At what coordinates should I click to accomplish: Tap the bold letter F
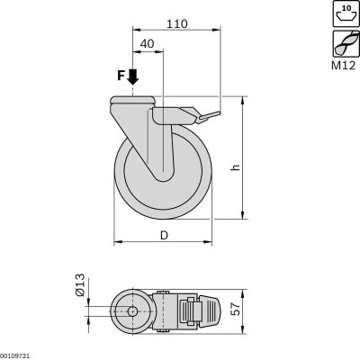point(121,78)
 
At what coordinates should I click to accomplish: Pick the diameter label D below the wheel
point(165,236)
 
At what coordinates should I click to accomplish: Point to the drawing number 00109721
point(19,355)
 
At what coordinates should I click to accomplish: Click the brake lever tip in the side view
point(216,113)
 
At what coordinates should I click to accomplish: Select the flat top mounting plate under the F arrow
point(133,100)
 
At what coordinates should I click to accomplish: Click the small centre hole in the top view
point(133,311)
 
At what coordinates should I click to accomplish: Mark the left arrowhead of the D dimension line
point(117,242)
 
